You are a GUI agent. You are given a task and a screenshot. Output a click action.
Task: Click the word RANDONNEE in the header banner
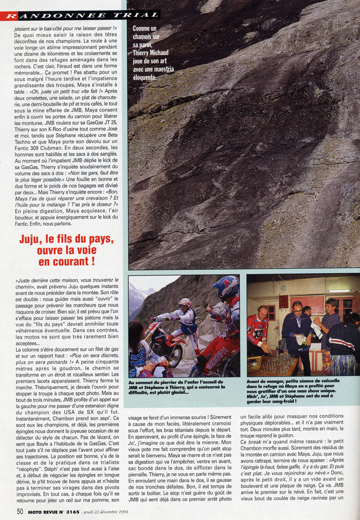(x=45, y=15)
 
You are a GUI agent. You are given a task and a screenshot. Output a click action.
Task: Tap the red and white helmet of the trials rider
(x=185, y=303)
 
